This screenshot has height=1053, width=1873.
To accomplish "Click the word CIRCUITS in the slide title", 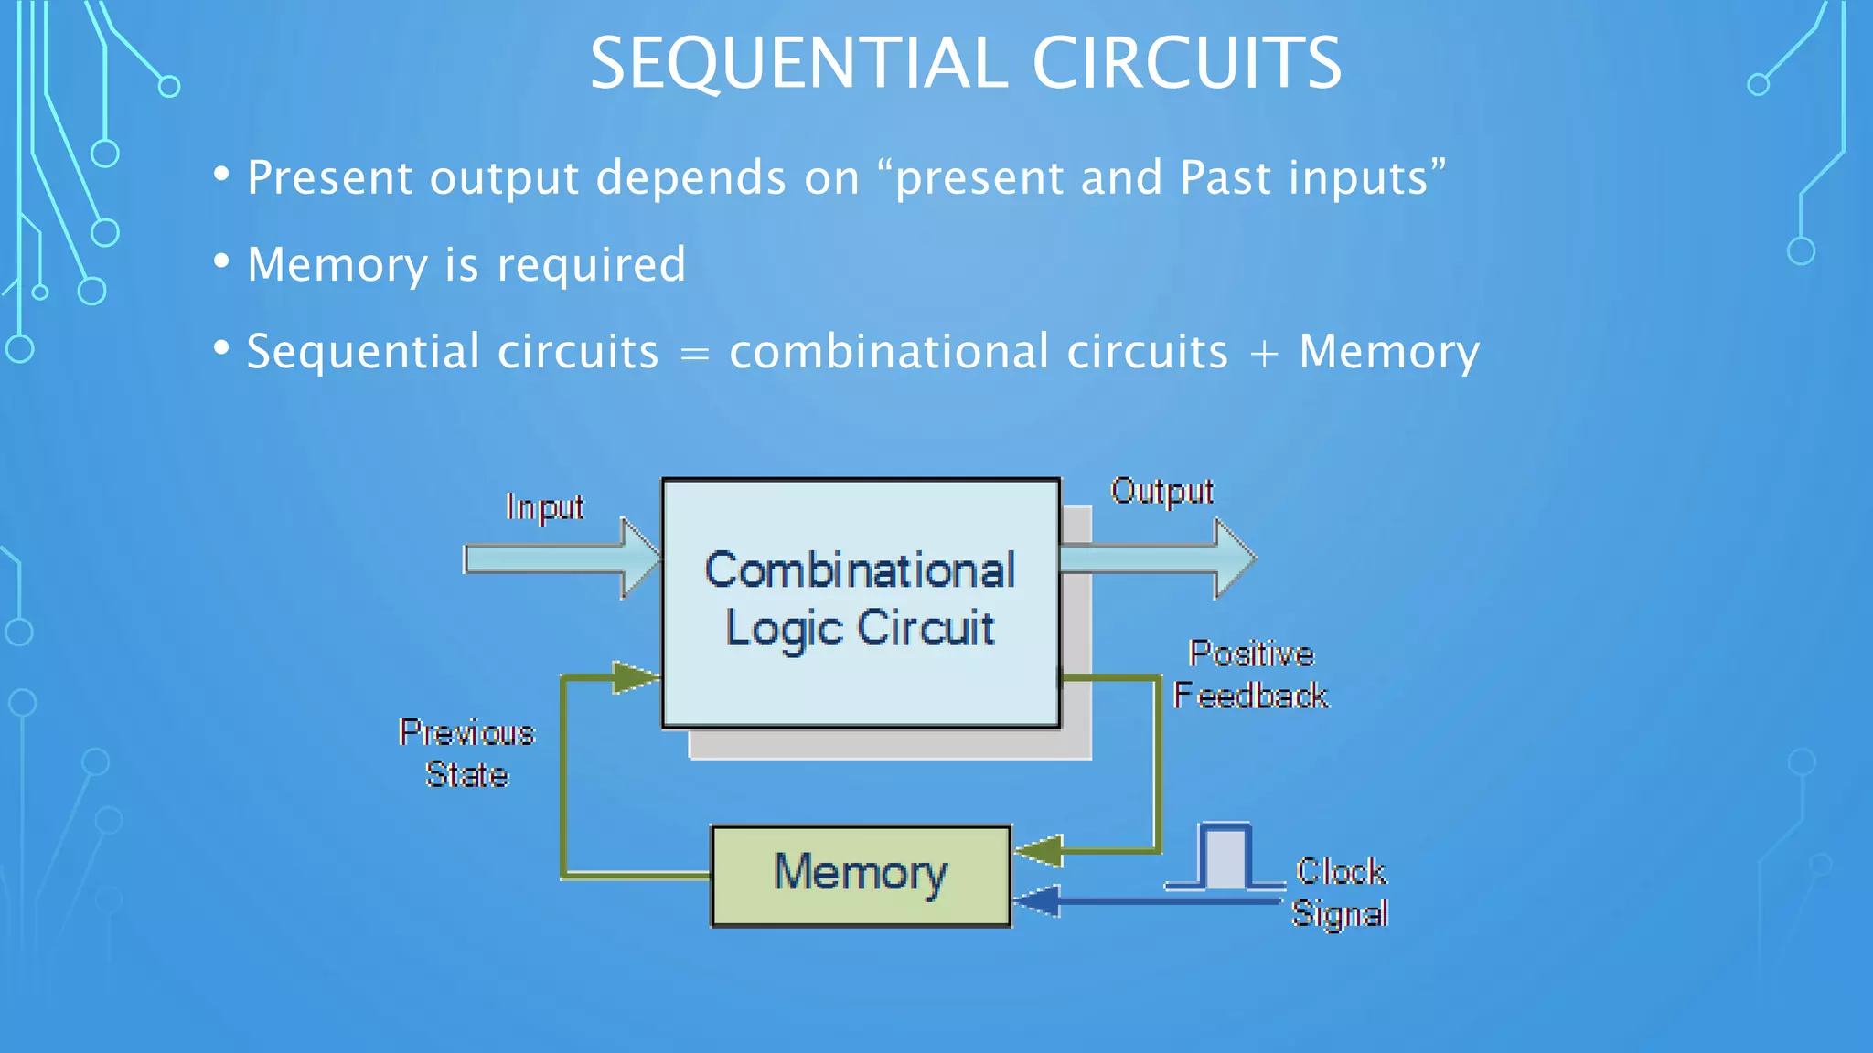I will pos(1186,63).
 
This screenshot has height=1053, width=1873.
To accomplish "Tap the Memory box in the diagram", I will pos(861,875).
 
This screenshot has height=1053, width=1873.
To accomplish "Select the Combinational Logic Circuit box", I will pos(861,601).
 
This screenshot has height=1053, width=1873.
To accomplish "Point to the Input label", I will pos(545,507).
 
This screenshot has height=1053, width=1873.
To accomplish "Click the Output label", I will pos(1161,492).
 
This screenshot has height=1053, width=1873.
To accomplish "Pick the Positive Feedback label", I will pos(1250,675).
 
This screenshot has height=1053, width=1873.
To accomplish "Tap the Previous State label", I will pos(466,753).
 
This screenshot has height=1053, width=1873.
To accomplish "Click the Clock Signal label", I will pos(1340,892).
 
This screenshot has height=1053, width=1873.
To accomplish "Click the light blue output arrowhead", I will pos(1235,558).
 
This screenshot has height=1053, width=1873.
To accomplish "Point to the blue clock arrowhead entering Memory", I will pos(1037,901).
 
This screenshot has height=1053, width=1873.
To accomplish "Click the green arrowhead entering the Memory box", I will pos(1040,851).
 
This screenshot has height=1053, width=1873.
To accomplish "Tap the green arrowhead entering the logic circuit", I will pos(635,677).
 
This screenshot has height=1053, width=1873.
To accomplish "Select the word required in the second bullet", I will pos(591,265).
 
